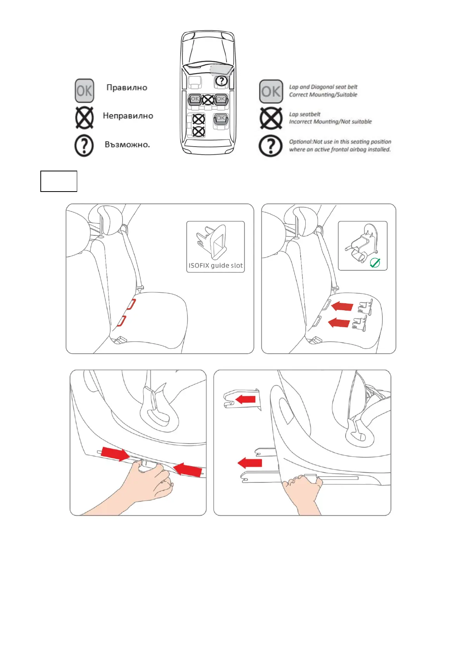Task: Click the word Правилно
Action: pyautogui.click(x=126, y=88)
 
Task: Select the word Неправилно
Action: pyautogui.click(x=128, y=116)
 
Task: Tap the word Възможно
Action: pyautogui.click(x=127, y=144)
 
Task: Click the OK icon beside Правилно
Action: pyautogui.click(x=84, y=91)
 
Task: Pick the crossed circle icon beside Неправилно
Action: pyautogui.click(x=85, y=118)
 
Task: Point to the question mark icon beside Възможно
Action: pyautogui.click(x=84, y=145)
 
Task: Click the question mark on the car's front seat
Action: pyautogui.click(x=221, y=81)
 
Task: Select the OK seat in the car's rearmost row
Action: pyautogui.click(x=220, y=119)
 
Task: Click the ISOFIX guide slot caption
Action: pyautogui.click(x=216, y=266)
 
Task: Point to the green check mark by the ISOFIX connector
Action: pyautogui.click(x=375, y=263)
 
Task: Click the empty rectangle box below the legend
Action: pyautogui.click(x=59, y=181)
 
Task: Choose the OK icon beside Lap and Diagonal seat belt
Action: pyautogui.click(x=271, y=92)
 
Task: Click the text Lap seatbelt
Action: pyautogui.click(x=305, y=114)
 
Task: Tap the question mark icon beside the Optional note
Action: pyautogui.click(x=270, y=146)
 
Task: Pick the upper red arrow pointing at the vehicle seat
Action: pyautogui.click(x=342, y=306)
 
